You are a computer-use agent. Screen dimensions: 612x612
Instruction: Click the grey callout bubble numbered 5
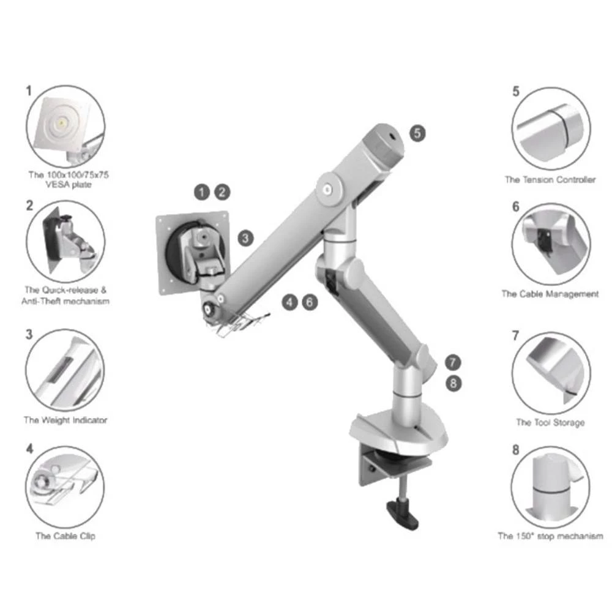pyautogui.click(x=417, y=133)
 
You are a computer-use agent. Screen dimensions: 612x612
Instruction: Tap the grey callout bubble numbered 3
pyautogui.click(x=245, y=238)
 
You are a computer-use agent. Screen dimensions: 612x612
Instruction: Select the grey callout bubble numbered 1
pyautogui.click(x=203, y=192)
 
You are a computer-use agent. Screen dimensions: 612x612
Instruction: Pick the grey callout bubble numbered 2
pyautogui.click(x=223, y=192)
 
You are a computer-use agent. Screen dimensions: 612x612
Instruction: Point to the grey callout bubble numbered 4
pyautogui.click(x=290, y=301)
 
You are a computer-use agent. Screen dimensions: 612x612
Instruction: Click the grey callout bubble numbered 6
pyautogui.click(x=310, y=301)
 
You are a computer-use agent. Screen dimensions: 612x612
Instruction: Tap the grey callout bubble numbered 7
pyautogui.click(x=452, y=361)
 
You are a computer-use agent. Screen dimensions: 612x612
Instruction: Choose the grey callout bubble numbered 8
pyautogui.click(x=452, y=383)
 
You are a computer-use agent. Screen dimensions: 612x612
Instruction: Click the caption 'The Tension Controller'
pyautogui.click(x=550, y=180)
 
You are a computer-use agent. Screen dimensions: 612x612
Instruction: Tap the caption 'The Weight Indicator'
pyautogui.click(x=65, y=420)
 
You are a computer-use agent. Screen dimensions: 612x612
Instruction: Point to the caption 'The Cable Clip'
pyautogui.click(x=65, y=536)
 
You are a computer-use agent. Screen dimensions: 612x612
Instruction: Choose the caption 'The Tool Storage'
pyautogui.click(x=550, y=422)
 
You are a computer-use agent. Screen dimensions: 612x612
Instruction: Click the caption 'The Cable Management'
pyautogui.click(x=550, y=294)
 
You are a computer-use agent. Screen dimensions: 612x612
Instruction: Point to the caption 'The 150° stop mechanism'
pyautogui.click(x=550, y=536)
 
